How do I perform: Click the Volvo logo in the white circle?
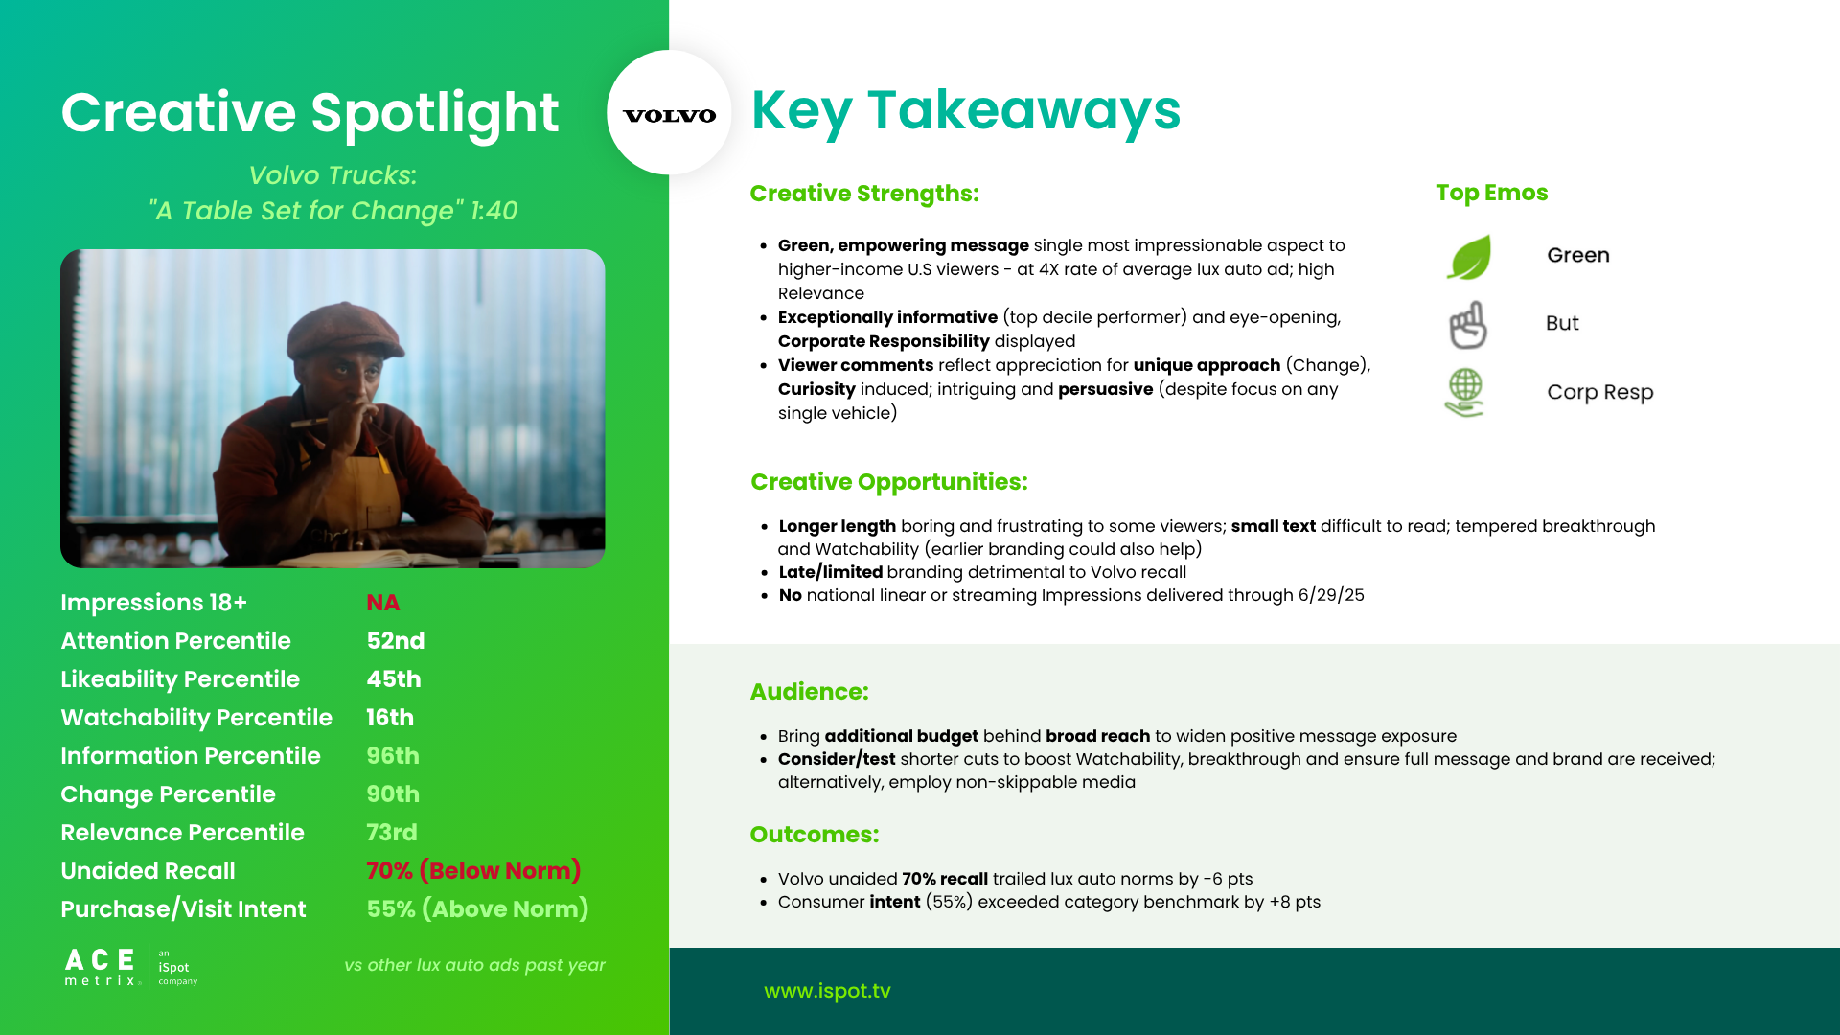(x=669, y=116)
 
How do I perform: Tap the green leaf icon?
(x=1469, y=257)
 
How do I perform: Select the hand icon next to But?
(x=1467, y=325)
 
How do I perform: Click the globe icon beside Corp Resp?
(x=1464, y=393)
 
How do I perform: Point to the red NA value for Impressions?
(x=383, y=603)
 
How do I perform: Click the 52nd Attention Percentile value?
(x=396, y=641)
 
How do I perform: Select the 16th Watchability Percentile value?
(x=390, y=718)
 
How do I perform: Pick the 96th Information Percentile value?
(x=393, y=756)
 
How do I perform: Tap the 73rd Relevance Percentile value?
(x=392, y=833)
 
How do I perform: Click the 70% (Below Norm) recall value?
(x=473, y=871)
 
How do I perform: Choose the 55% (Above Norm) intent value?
(x=477, y=909)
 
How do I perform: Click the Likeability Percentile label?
(x=180, y=679)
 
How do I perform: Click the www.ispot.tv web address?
(x=827, y=991)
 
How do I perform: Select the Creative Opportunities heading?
(x=889, y=482)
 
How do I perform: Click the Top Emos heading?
(x=1492, y=193)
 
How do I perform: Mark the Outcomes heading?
(x=815, y=835)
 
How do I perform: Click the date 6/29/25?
(x=1331, y=595)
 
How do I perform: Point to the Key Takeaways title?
(x=966, y=110)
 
